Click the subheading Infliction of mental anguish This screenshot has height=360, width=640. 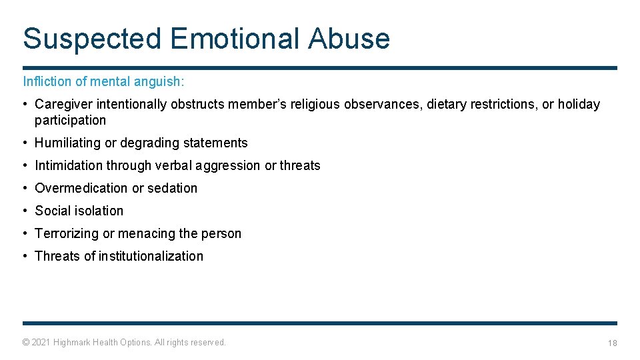tap(104, 81)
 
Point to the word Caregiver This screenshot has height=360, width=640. tap(64, 104)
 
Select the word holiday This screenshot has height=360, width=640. tap(579, 104)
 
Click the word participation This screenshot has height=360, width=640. tap(70, 120)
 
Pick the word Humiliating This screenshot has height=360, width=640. tap(68, 143)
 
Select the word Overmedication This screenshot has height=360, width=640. tap(81, 188)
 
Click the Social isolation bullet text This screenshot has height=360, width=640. tap(79, 211)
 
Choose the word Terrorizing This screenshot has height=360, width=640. tap(66, 233)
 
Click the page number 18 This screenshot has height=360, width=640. tap(612, 343)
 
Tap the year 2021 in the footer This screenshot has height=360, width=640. tap(41, 342)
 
